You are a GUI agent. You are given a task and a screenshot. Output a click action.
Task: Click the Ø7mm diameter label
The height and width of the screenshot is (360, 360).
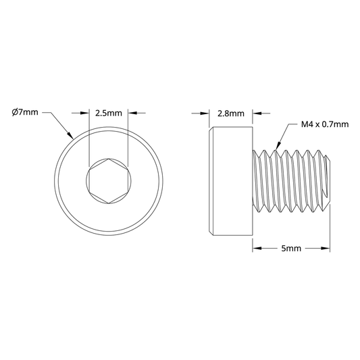coord(25,113)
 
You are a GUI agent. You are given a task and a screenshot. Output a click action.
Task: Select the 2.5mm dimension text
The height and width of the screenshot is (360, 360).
coord(109,113)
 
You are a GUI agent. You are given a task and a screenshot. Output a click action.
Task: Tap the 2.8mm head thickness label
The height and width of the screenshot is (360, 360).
coord(231,113)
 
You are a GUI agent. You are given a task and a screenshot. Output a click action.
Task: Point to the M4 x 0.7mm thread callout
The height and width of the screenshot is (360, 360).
coord(325,124)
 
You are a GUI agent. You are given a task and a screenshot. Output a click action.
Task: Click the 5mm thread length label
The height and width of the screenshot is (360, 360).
coord(291,248)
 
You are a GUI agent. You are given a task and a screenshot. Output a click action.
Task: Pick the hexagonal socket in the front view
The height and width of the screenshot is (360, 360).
coord(109,181)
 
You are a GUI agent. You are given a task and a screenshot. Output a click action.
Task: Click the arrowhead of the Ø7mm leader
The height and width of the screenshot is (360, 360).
coord(70,136)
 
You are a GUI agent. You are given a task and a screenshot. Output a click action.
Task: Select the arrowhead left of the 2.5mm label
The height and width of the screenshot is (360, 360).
coord(84,113)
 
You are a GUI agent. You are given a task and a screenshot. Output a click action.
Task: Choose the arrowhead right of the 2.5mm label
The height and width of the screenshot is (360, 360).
coord(132,113)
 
